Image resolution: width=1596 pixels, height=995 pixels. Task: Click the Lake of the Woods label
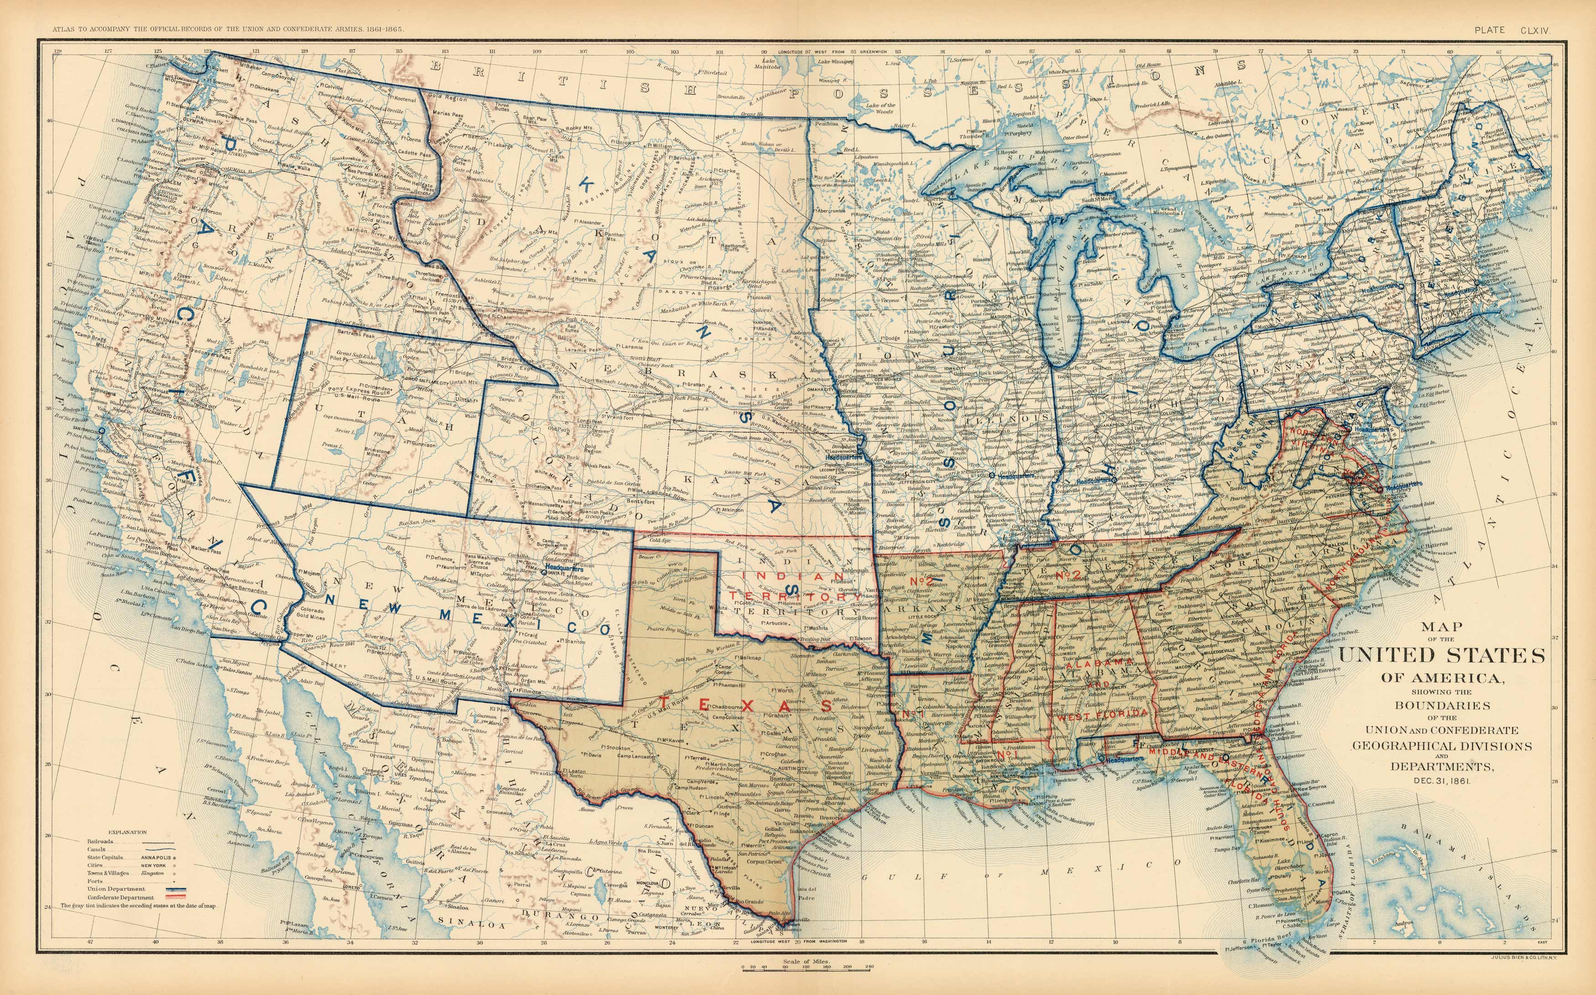[x=880, y=109]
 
